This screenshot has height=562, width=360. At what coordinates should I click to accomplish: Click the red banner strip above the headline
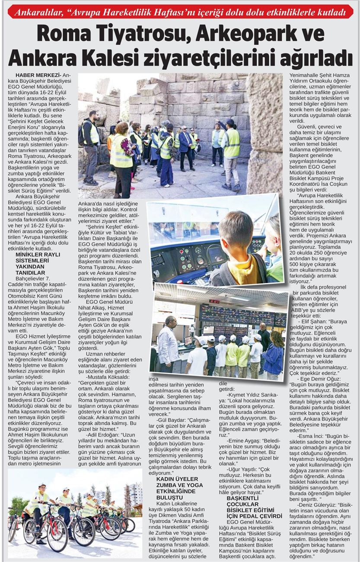(180, 12)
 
